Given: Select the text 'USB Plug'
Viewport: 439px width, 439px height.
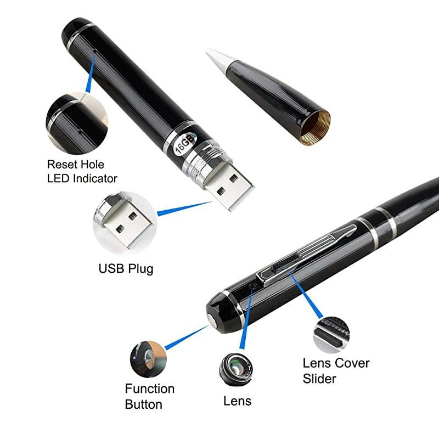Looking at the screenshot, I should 126,269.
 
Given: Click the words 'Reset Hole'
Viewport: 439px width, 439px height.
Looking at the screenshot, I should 75,164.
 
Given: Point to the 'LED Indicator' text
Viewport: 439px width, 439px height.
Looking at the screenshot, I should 82,178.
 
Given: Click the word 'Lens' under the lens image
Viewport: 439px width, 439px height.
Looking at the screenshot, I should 237,401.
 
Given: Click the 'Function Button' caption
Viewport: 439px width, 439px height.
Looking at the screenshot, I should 149,397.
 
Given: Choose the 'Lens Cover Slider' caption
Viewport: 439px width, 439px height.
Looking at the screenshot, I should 336,370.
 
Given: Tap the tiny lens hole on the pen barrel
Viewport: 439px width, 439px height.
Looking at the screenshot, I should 253,286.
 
